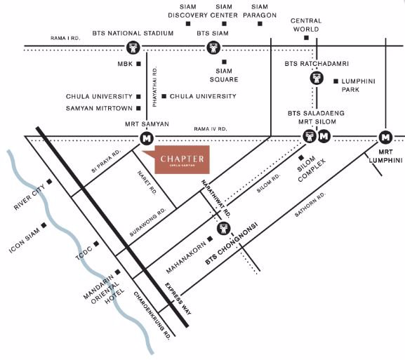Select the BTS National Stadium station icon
click(133, 48)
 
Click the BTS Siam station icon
click(213, 48)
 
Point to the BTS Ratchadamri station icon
click(316, 79)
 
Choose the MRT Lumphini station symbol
click(385, 137)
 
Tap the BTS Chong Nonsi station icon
click(224, 228)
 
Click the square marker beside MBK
click(139, 64)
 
